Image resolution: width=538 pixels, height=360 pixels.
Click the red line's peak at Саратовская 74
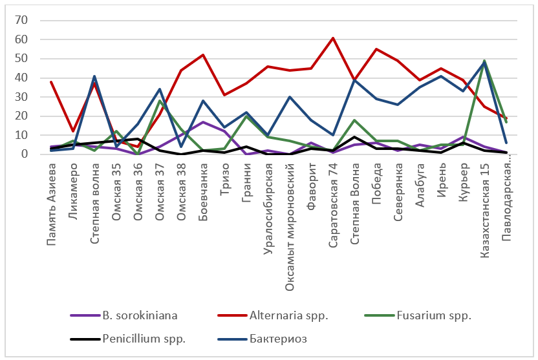click(333, 37)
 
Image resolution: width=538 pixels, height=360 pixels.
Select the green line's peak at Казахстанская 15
click(484, 61)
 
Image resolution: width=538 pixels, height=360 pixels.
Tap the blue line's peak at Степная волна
click(94, 76)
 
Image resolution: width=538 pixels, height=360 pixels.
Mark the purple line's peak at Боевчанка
click(203, 122)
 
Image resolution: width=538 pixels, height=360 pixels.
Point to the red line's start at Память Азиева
click(51, 81)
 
